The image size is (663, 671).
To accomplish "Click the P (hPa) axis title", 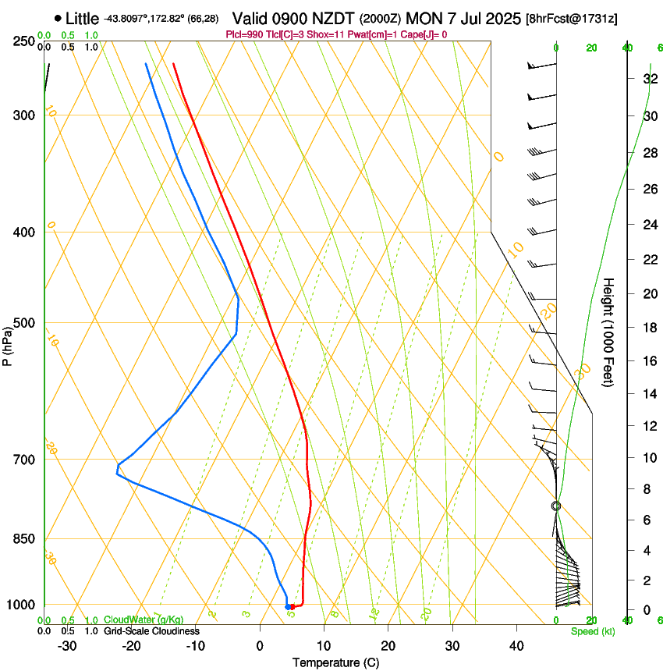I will click(x=8, y=342).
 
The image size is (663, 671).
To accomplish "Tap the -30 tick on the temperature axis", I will click(x=67, y=646).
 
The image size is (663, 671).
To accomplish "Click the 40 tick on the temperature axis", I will click(x=516, y=646).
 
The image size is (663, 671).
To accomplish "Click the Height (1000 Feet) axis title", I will click(x=609, y=332).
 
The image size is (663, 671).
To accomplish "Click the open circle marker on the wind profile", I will click(x=556, y=506).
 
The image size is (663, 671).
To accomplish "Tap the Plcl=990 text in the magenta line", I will click(x=244, y=34).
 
